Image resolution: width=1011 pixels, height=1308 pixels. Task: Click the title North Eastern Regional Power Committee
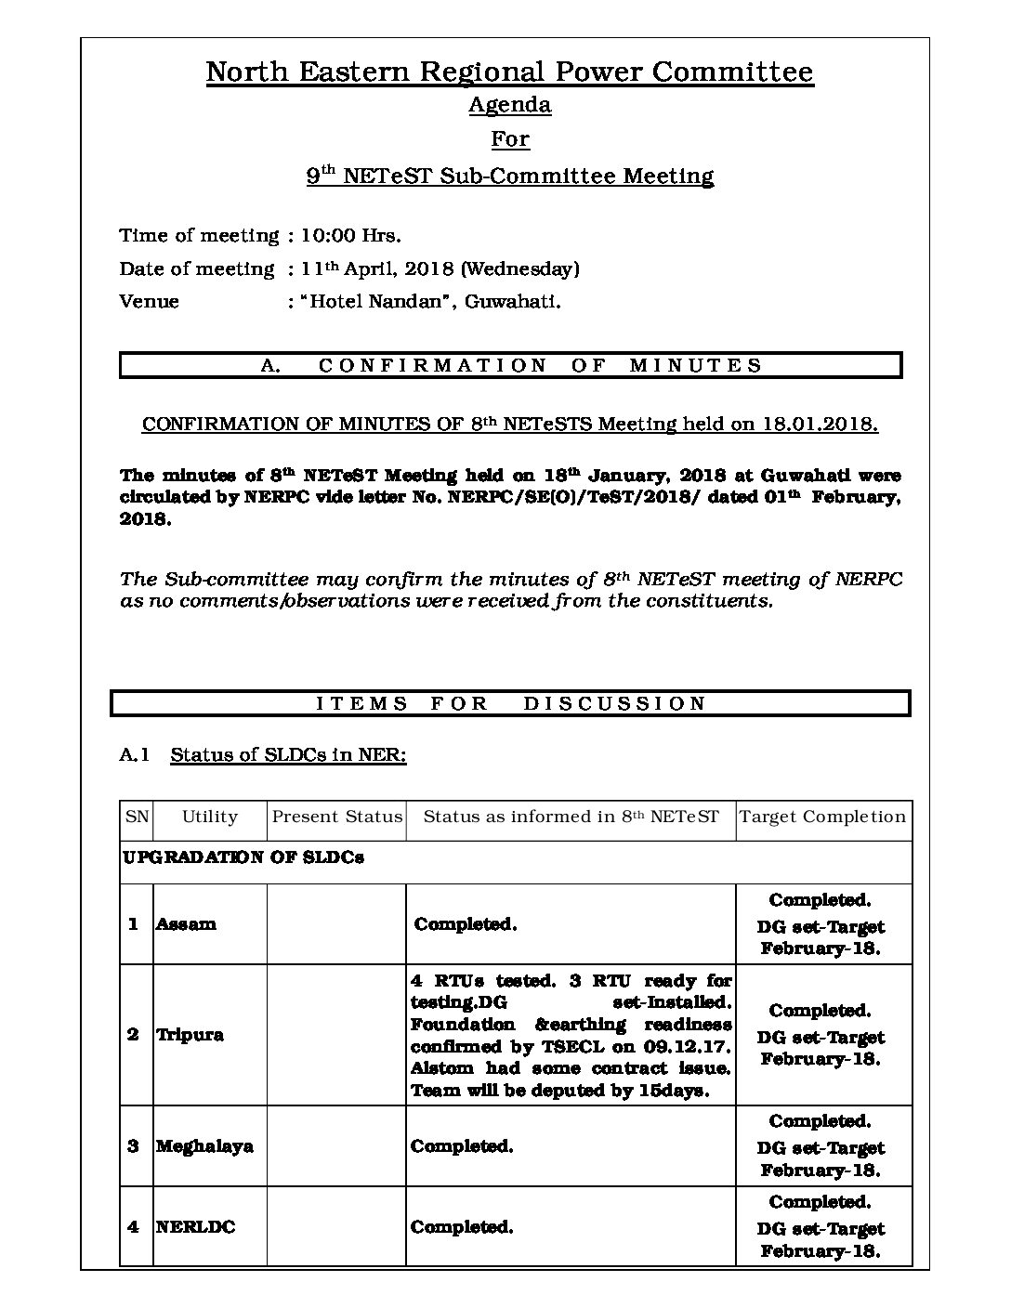tap(509, 72)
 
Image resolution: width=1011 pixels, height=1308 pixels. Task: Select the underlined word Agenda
tap(509, 105)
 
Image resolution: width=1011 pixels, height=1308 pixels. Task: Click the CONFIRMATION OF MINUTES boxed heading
tap(510, 366)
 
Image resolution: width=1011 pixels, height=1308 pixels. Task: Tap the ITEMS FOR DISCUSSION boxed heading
tap(510, 704)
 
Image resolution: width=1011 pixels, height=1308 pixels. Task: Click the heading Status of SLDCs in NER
tap(288, 754)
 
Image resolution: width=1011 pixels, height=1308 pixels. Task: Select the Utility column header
tap(210, 817)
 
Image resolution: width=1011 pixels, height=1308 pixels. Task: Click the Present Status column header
tap(336, 817)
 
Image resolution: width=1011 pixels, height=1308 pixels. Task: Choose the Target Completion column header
tap(822, 817)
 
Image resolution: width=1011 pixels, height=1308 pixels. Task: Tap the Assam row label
tap(186, 924)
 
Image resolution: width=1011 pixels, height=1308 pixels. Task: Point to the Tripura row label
tap(190, 1035)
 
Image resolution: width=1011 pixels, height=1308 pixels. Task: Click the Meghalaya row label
tap(204, 1146)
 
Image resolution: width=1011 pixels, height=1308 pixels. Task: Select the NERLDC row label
tap(195, 1227)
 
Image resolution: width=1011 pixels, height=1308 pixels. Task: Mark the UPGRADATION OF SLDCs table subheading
tap(243, 857)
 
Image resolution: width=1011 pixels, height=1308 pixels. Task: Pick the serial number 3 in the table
tap(133, 1146)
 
